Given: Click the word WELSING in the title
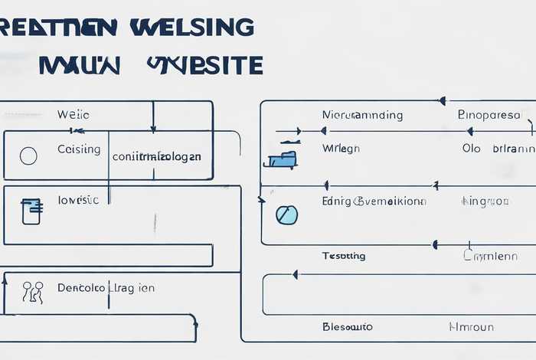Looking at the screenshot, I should click(x=191, y=27).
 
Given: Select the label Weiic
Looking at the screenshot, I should click(x=74, y=115).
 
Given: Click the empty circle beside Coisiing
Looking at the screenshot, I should click(x=28, y=156).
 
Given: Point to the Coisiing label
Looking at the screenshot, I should click(x=79, y=149).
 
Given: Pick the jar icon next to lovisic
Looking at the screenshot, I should click(x=31, y=211).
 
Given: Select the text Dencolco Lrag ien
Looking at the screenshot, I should click(x=106, y=288).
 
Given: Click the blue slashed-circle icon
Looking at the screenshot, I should click(x=286, y=215).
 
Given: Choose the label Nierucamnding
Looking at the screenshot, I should click(x=362, y=115).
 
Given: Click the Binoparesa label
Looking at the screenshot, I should click(x=489, y=115).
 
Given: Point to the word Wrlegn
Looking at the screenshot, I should click(x=341, y=149).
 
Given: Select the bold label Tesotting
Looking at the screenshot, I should click(x=344, y=255).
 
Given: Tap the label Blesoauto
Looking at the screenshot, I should click(x=348, y=326).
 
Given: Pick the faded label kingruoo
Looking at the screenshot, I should click(x=485, y=201).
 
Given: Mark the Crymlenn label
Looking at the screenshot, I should click(x=489, y=256).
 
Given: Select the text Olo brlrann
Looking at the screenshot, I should click(x=498, y=149).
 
